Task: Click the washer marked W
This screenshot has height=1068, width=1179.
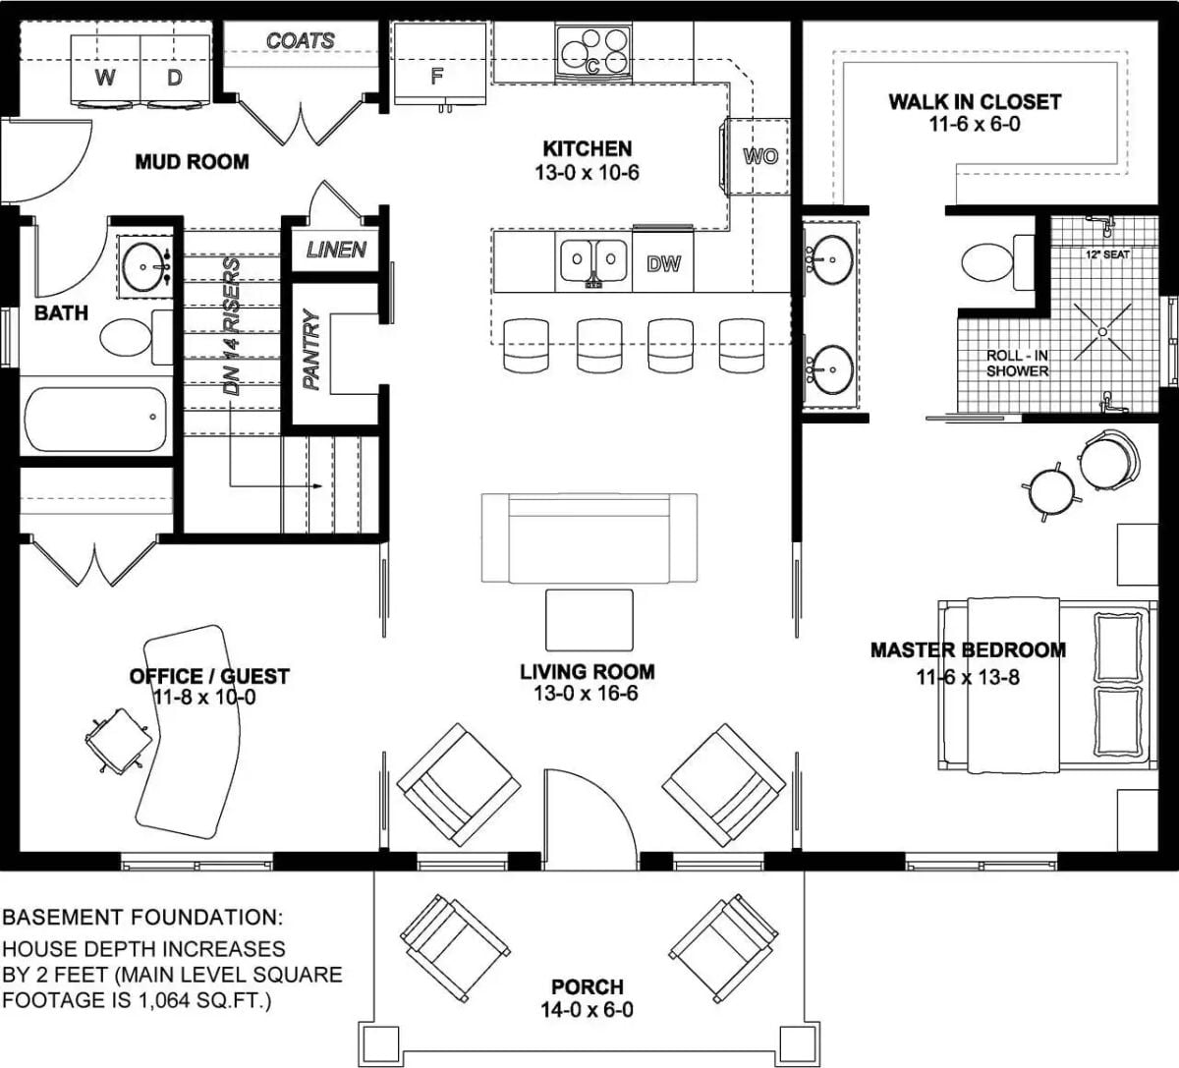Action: (x=105, y=71)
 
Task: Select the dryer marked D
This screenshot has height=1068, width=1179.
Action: (x=175, y=71)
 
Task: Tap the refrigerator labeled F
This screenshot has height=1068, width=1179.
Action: (x=439, y=64)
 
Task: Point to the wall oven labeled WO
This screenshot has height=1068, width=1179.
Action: (x=758, y=156)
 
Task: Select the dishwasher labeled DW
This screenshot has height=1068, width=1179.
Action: (x=663, y=262)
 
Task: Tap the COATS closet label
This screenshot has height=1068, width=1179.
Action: (x=300, y=41)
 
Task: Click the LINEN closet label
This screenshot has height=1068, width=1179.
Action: (x=336, y=250)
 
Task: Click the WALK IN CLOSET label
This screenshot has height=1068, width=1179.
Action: (x=975, y=101)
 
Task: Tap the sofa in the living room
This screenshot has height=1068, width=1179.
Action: (x=589, y=537)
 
